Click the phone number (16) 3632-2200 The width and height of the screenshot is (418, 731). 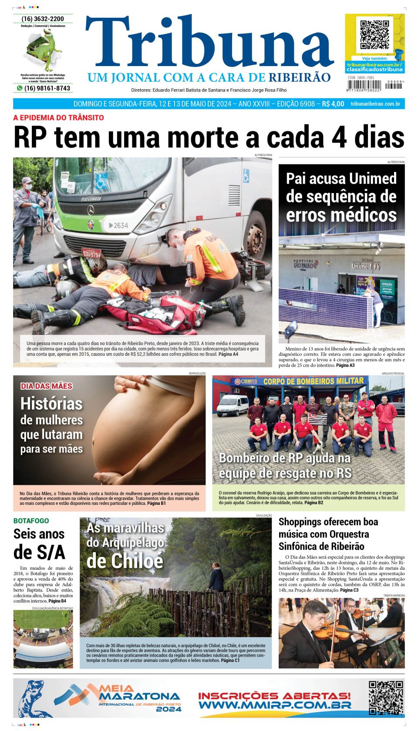point(43,19)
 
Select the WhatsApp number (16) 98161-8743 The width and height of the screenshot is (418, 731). point(47,88)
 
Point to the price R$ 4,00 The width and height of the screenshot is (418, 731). point(333,104)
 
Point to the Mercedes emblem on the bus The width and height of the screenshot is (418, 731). point(91,210)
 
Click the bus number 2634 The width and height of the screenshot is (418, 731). point(118,225)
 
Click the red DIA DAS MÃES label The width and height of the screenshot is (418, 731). point(47,386)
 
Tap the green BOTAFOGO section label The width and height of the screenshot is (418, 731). point(31,521)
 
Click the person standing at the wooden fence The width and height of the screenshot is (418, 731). point(216,577)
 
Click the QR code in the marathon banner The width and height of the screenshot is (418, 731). point(386,698)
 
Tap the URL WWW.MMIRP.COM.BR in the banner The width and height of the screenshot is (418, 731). point(275,705)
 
